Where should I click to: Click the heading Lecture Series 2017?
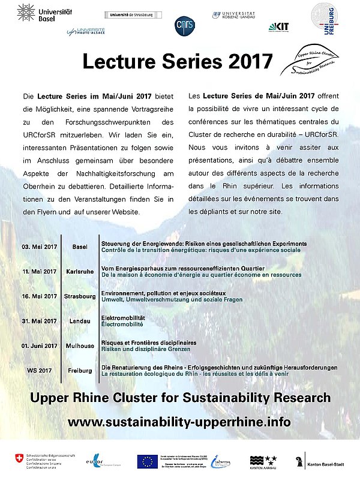[x=177, y=62]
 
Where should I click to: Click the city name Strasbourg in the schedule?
[x=80, y=296]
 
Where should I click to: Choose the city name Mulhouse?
[x=80, y=346]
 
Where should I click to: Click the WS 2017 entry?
[x=38, y=370]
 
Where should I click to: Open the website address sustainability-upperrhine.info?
[x=179, y=422]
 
